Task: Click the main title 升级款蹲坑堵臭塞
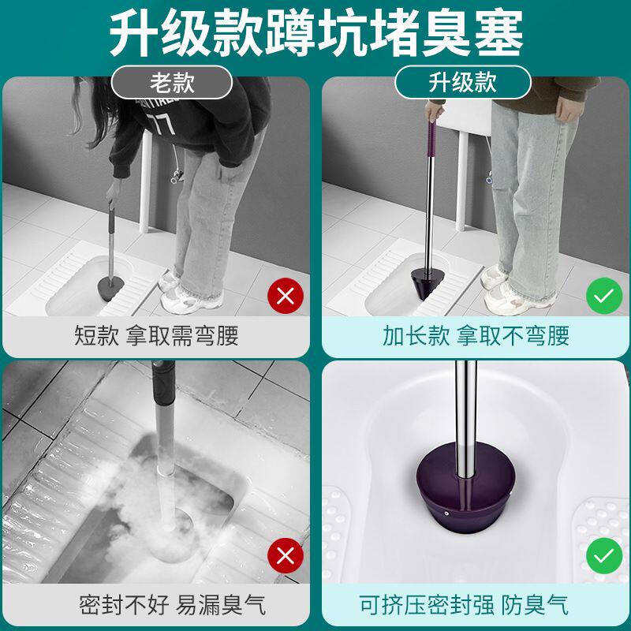point(315,33)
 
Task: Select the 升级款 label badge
point(462,82)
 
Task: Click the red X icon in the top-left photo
point(286,297)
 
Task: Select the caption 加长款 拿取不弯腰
point(476,337)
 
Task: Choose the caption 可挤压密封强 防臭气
point(464,605)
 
